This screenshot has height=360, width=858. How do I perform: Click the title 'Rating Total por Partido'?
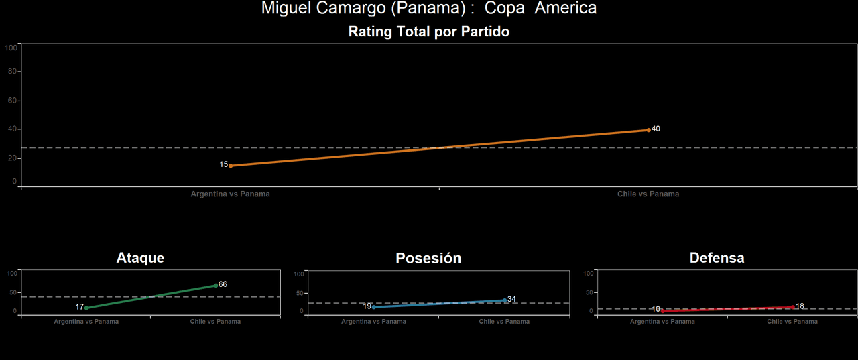[429, 32]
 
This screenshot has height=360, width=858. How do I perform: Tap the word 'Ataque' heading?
[140, 258]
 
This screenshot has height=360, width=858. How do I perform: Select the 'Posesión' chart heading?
[428, 259]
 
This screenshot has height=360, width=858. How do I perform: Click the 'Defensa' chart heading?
[717, 258]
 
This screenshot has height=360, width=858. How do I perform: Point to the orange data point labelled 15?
[231, 166]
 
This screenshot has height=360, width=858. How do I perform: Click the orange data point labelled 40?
[648, 130]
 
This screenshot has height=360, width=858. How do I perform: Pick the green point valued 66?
[216, 286]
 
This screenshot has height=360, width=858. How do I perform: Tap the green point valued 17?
[86, 308]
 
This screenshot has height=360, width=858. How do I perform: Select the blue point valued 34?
[505, 300]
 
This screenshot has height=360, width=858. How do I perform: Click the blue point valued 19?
[374, 307]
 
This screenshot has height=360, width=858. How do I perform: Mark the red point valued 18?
[793, 307]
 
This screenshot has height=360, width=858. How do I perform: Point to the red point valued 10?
[663, 310]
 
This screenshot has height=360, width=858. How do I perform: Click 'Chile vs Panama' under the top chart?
[648, 194]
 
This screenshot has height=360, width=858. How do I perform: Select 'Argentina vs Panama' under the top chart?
[231, 194]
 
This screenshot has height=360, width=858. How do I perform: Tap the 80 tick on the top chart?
[11, 72]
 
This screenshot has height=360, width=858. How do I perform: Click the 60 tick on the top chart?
[11, 101]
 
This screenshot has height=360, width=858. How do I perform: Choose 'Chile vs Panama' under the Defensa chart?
[792, 322]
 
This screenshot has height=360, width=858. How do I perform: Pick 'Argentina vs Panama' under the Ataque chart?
[86, 322]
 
